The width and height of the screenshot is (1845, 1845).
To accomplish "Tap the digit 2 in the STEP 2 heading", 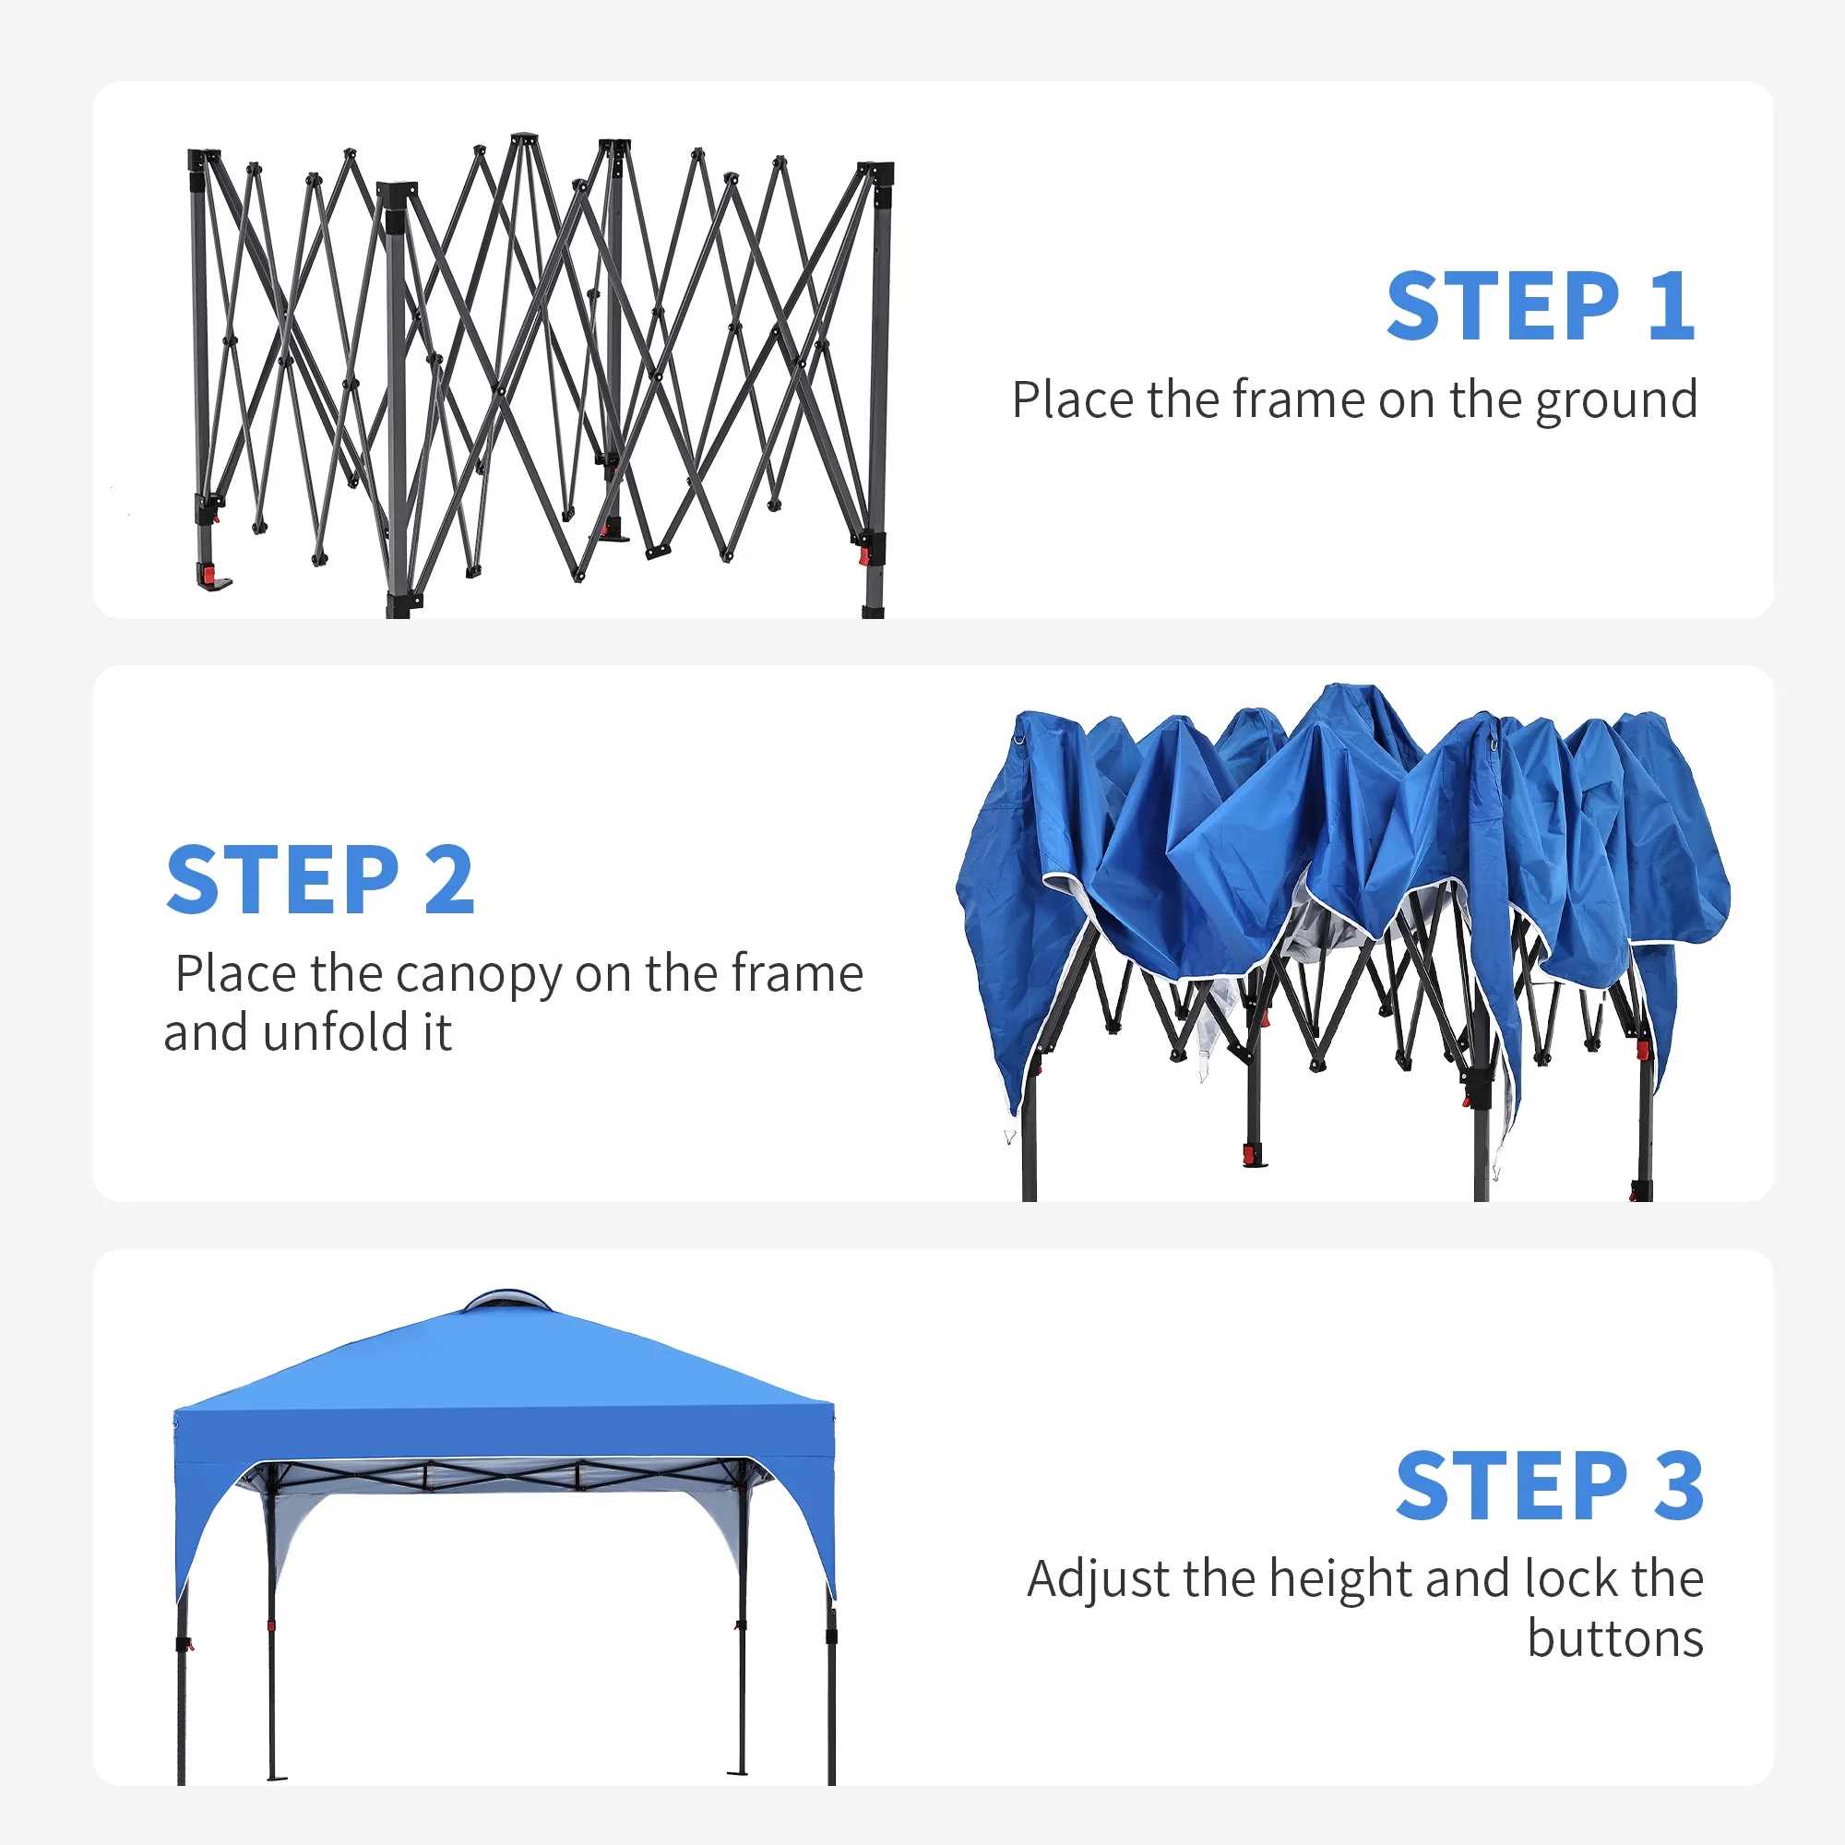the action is pos(449,878).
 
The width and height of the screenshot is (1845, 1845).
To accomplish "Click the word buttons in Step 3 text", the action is pos(1616,1638).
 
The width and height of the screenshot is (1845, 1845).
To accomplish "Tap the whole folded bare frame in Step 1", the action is pos(541,375).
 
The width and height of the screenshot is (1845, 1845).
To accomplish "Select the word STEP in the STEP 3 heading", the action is pos(1512,1485).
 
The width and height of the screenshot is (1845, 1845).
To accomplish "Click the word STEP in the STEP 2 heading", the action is pos(282,878).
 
